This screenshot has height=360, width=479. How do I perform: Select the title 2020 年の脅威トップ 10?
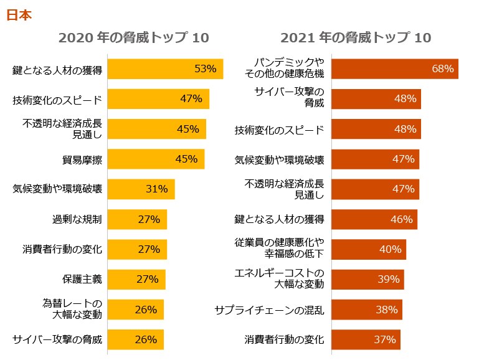133,38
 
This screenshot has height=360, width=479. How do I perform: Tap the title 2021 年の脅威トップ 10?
356,38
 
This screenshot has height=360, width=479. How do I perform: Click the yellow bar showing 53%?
166,69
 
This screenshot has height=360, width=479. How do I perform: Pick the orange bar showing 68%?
394,69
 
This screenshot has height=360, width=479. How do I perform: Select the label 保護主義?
82,279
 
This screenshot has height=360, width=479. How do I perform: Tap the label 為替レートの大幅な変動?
72,309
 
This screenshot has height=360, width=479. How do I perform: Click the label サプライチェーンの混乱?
269,310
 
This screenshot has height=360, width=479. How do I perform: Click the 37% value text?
385,339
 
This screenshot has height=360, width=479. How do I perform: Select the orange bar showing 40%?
368,249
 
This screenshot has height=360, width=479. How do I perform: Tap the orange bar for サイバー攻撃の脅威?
376,99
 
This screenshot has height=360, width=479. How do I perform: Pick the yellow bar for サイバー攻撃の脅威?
136,339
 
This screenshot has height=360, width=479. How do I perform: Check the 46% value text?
402,219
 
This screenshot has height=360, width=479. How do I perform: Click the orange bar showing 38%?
366,310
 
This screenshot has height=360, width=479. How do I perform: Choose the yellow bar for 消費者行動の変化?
138,249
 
